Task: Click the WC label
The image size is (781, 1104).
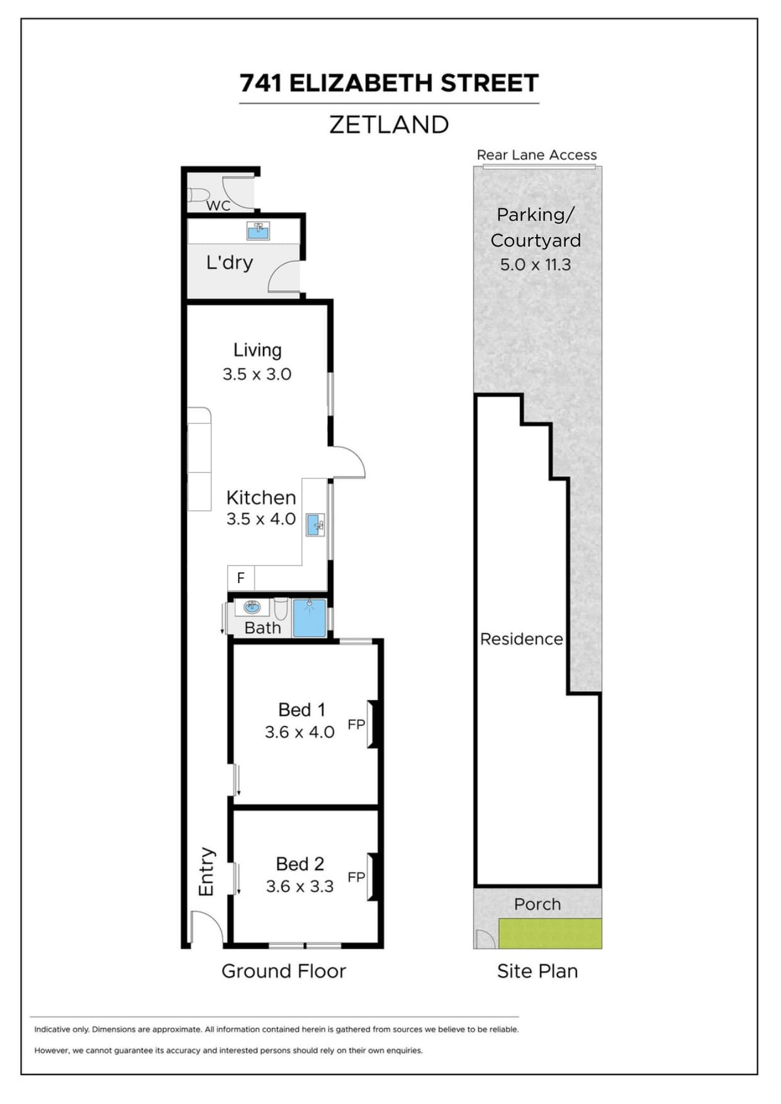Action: click(218, 205)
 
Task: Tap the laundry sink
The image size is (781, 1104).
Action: click(258, 231)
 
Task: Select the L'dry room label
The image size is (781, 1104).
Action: click(230, 262)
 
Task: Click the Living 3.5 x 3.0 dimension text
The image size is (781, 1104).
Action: click(257, 374)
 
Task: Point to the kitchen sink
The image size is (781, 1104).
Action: click(315, 525)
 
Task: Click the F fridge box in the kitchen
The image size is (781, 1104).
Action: click(240, 577)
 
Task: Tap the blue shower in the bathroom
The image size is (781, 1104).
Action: click(309, 618)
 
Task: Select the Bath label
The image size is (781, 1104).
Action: click(262, 628)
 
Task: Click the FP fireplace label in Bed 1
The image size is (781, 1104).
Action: click(356, 724)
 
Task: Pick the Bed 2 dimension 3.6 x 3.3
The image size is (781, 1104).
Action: click(300, 886)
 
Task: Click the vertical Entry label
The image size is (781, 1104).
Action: click(206, 872)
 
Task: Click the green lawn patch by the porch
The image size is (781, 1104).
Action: click(550, 934)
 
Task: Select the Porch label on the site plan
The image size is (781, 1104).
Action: click(537, 904)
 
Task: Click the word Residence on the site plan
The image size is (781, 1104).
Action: click(521, 639)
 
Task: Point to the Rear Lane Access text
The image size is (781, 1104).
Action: click(536, 155)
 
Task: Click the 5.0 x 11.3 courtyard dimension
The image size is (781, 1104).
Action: click(536, 265)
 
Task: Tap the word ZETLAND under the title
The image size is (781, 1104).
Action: click(389, 125)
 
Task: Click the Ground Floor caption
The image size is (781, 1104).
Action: click(284, 971)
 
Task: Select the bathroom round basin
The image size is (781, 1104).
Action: click(252, 607)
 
